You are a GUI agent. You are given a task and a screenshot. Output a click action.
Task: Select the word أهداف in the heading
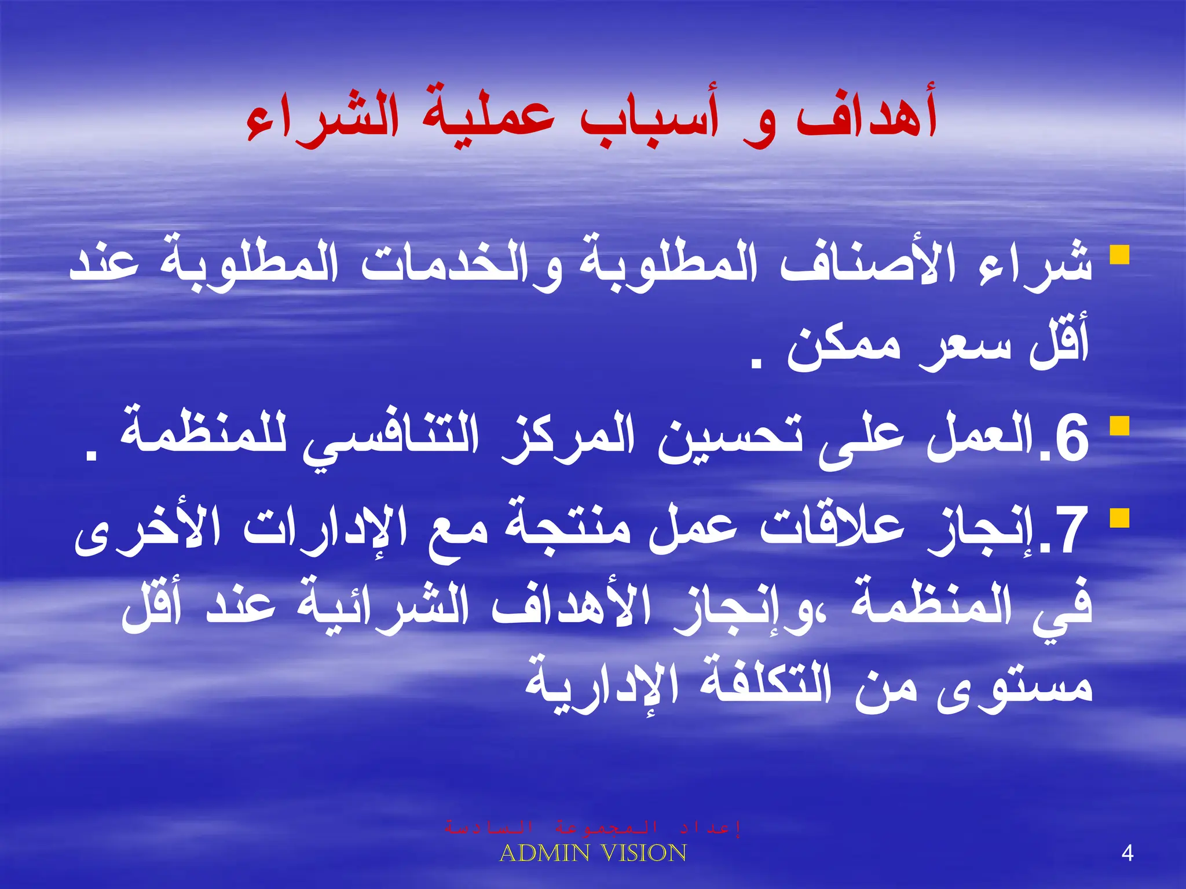[x=866, y=116]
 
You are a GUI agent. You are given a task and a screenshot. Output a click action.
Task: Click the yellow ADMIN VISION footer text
[x=592, y=853]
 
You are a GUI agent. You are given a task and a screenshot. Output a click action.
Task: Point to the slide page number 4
[x=1127, y=854]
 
